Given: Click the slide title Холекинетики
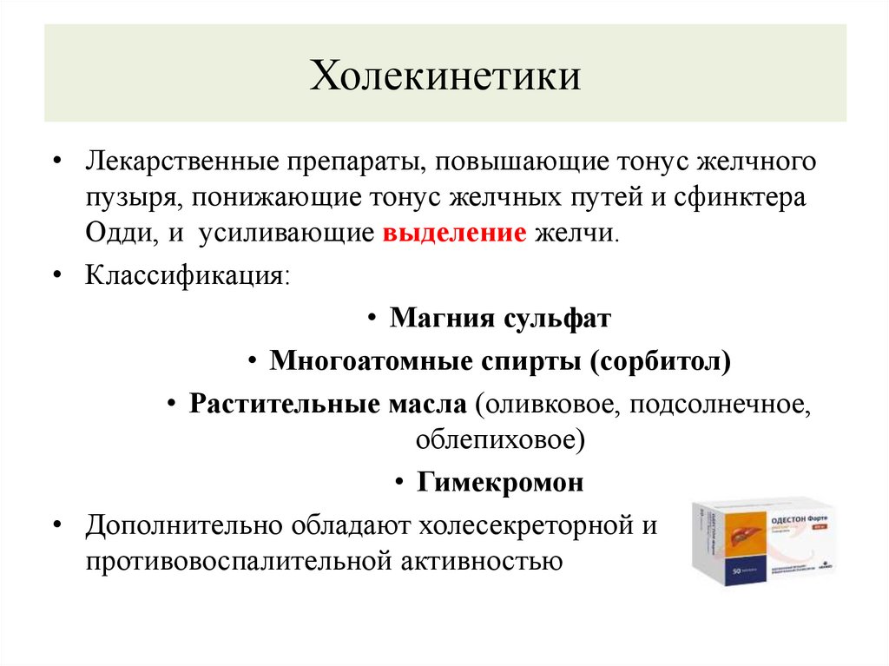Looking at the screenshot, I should pos(445,75).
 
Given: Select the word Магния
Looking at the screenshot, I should pos(442,318).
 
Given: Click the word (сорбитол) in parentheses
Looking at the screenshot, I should pos(660,360).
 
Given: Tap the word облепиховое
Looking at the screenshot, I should pos(500,439).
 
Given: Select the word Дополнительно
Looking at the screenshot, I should pos(181,525).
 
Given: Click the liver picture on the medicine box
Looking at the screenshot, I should pos(739,538).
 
